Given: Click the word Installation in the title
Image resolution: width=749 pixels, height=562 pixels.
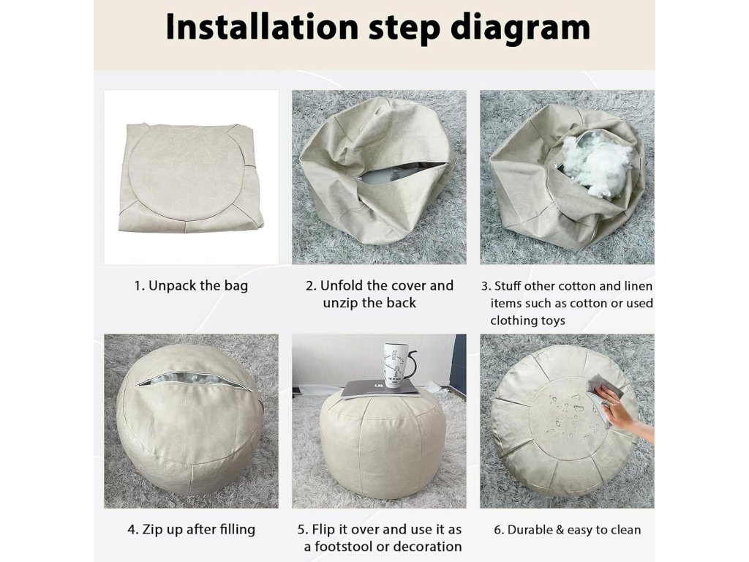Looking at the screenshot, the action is (262, 27).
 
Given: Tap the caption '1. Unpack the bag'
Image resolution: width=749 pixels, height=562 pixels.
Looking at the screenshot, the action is (191, 286).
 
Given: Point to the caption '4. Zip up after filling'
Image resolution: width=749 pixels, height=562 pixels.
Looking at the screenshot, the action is (191, 530).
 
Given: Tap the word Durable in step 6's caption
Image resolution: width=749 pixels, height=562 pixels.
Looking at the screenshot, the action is (530, 530).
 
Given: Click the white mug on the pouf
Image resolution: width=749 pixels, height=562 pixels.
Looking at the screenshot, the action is (396, 364).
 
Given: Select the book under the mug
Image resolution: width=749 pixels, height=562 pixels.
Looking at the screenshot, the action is (380, 389).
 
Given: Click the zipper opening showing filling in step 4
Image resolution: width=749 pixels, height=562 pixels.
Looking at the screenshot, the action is (189, 380).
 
